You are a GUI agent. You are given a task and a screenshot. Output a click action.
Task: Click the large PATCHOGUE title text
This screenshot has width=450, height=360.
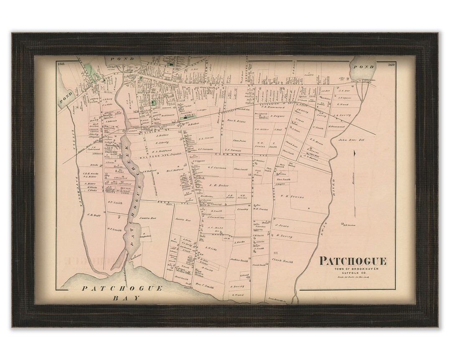353,262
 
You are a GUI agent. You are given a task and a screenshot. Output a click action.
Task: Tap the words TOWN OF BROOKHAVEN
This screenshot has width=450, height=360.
353,269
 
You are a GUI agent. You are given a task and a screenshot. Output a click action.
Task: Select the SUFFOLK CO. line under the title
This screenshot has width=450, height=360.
353,273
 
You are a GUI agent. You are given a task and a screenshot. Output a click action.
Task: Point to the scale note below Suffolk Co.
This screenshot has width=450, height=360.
353,277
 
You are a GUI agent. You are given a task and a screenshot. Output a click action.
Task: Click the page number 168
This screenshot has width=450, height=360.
63,64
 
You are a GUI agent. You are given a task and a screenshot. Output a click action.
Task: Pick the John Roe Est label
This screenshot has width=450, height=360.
351,140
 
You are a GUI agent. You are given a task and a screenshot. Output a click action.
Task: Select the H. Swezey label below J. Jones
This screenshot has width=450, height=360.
284,236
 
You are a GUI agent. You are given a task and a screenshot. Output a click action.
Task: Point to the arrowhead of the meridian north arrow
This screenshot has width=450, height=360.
354,153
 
